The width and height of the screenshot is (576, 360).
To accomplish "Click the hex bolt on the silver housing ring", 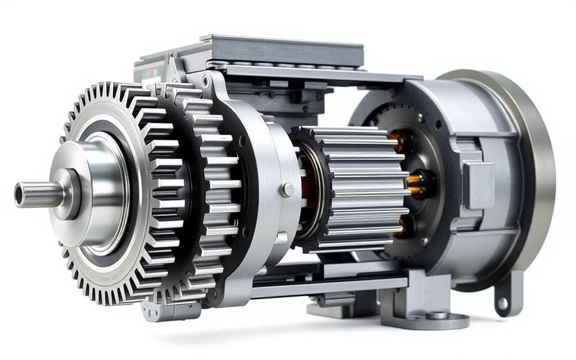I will tap(287, 190).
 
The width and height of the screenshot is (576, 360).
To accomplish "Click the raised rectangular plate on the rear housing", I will tap(479, 185).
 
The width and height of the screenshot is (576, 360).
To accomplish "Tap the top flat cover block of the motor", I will tap(281, 51).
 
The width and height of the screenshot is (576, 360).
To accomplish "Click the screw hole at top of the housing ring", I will tap(206, 83).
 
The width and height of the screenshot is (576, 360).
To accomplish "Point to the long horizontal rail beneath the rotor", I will tap(332, 284).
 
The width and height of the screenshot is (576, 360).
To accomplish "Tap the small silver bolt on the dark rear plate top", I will tap(420, 118).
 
